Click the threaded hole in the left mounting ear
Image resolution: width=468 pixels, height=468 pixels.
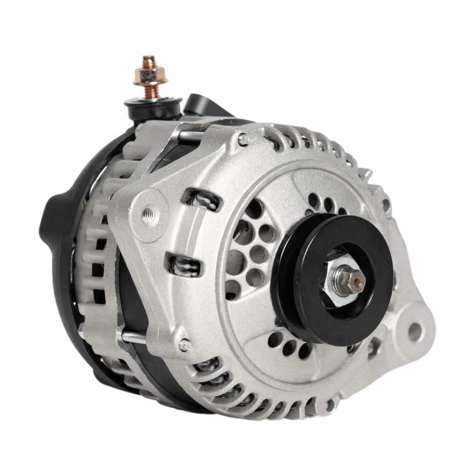tap(147, 213)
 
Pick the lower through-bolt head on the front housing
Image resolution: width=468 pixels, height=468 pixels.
tap(185, 345)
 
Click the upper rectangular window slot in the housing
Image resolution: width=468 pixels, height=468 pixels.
tap(202, 200)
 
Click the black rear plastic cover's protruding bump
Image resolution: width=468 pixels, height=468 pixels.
tap(51, 215)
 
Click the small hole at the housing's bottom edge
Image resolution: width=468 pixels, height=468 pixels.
tap(330, 405)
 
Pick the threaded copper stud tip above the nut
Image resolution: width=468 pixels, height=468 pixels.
tap(149, 61)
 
